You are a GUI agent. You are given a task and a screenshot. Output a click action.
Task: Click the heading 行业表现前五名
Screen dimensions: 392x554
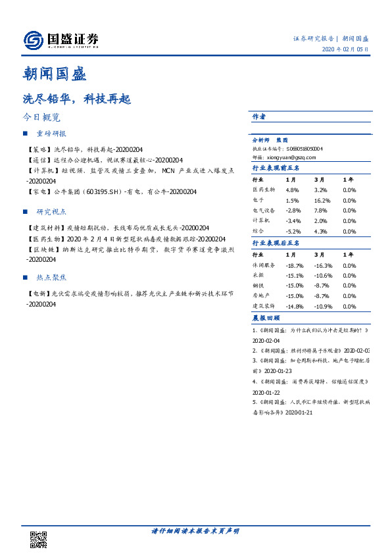276,168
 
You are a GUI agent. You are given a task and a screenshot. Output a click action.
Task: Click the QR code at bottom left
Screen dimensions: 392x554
39,538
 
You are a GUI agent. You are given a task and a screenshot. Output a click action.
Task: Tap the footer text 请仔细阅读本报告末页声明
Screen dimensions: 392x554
195,530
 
